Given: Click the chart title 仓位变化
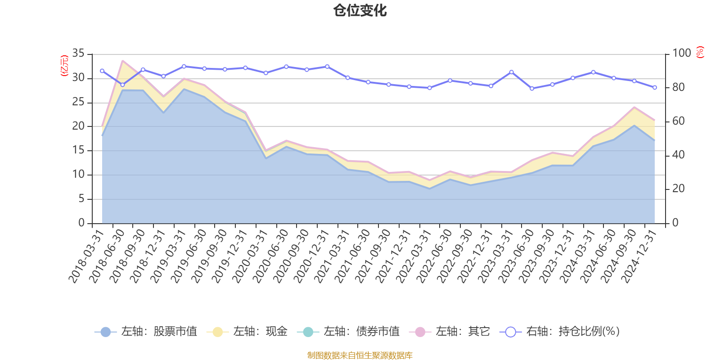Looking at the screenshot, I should tap(360, 10).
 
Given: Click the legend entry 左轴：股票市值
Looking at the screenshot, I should tap(146, 332).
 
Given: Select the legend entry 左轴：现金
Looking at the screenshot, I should tap(247, 332).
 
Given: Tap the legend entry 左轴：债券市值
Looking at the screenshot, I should tap(348, 332).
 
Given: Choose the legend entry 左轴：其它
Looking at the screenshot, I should tap(450, 332).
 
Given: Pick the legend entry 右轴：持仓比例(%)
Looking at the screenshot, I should tap(560, 332).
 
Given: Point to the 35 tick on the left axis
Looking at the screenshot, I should tap(78, 54).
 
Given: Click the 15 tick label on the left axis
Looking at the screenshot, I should tap(78, 150).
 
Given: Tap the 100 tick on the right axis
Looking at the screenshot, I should tap(681, 54).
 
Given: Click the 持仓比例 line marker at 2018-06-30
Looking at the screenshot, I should tap(122, 85).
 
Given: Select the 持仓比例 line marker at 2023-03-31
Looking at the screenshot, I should tap(511, 72).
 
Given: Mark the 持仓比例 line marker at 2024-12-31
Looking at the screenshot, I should tap(655, 87).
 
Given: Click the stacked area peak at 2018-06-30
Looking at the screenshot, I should tap(123, 61).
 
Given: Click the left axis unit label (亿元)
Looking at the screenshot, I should tap(64, 66).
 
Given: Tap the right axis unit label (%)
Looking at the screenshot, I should tap(700, 53).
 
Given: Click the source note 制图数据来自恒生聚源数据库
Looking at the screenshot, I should tap(360, 355).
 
